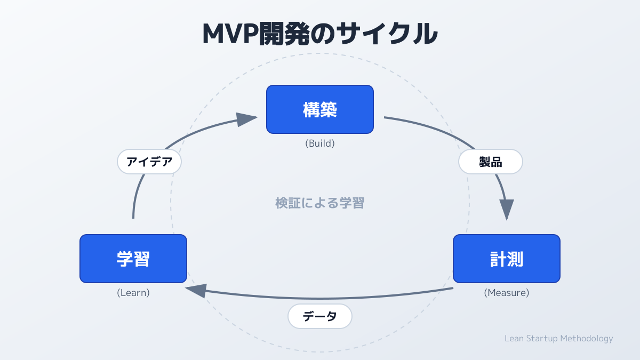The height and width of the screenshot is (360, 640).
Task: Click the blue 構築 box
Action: [x=320, y=109]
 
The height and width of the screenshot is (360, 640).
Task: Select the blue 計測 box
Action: [x=507, y=259]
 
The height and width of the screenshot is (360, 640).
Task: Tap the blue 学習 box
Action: [x=133, y=259]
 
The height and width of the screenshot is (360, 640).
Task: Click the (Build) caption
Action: [x=320, y=143]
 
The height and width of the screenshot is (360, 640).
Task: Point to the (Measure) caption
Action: [x=507, y=293]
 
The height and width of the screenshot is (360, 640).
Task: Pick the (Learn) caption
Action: [x=133, y=293]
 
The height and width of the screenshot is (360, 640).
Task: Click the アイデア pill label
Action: [x=149, y=162]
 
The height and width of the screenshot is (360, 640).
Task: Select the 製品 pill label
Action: [x=491, y=162]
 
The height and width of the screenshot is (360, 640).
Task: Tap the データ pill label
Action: [x=320, y=316]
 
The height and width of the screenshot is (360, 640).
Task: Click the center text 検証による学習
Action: [x=320, y=203]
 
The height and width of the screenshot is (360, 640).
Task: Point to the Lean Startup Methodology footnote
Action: [x=558, y=339]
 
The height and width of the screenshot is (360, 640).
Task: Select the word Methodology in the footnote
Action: [x=588, y=339]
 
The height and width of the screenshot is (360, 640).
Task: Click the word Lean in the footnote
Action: [x=514, y=339]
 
